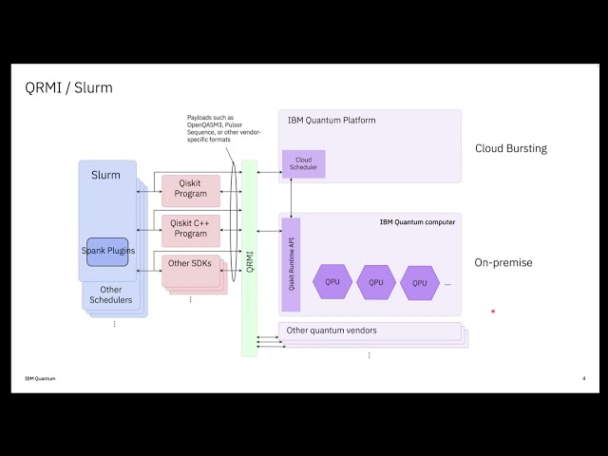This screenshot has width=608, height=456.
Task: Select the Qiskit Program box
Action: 191,190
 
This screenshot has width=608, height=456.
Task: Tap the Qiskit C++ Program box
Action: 191,228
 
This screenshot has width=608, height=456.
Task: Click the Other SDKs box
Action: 189,263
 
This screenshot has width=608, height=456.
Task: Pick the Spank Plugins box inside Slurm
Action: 107,251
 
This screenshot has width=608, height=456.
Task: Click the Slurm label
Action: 104,176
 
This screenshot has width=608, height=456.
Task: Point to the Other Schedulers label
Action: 111,295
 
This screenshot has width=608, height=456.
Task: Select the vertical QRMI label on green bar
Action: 249,259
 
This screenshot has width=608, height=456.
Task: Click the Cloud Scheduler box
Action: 304,164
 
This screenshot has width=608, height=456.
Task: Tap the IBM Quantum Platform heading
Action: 332,121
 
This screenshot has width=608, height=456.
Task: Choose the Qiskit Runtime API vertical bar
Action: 292,264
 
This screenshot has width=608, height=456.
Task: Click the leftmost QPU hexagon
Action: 332,282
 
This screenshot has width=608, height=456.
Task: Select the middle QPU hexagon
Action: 376,282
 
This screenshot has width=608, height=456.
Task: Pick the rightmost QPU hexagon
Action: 419,282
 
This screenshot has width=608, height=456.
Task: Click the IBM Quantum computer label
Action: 417,222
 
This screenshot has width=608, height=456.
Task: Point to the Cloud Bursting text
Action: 511,148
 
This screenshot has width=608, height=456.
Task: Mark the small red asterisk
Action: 493,312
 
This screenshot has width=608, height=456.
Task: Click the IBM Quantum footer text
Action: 40,379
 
